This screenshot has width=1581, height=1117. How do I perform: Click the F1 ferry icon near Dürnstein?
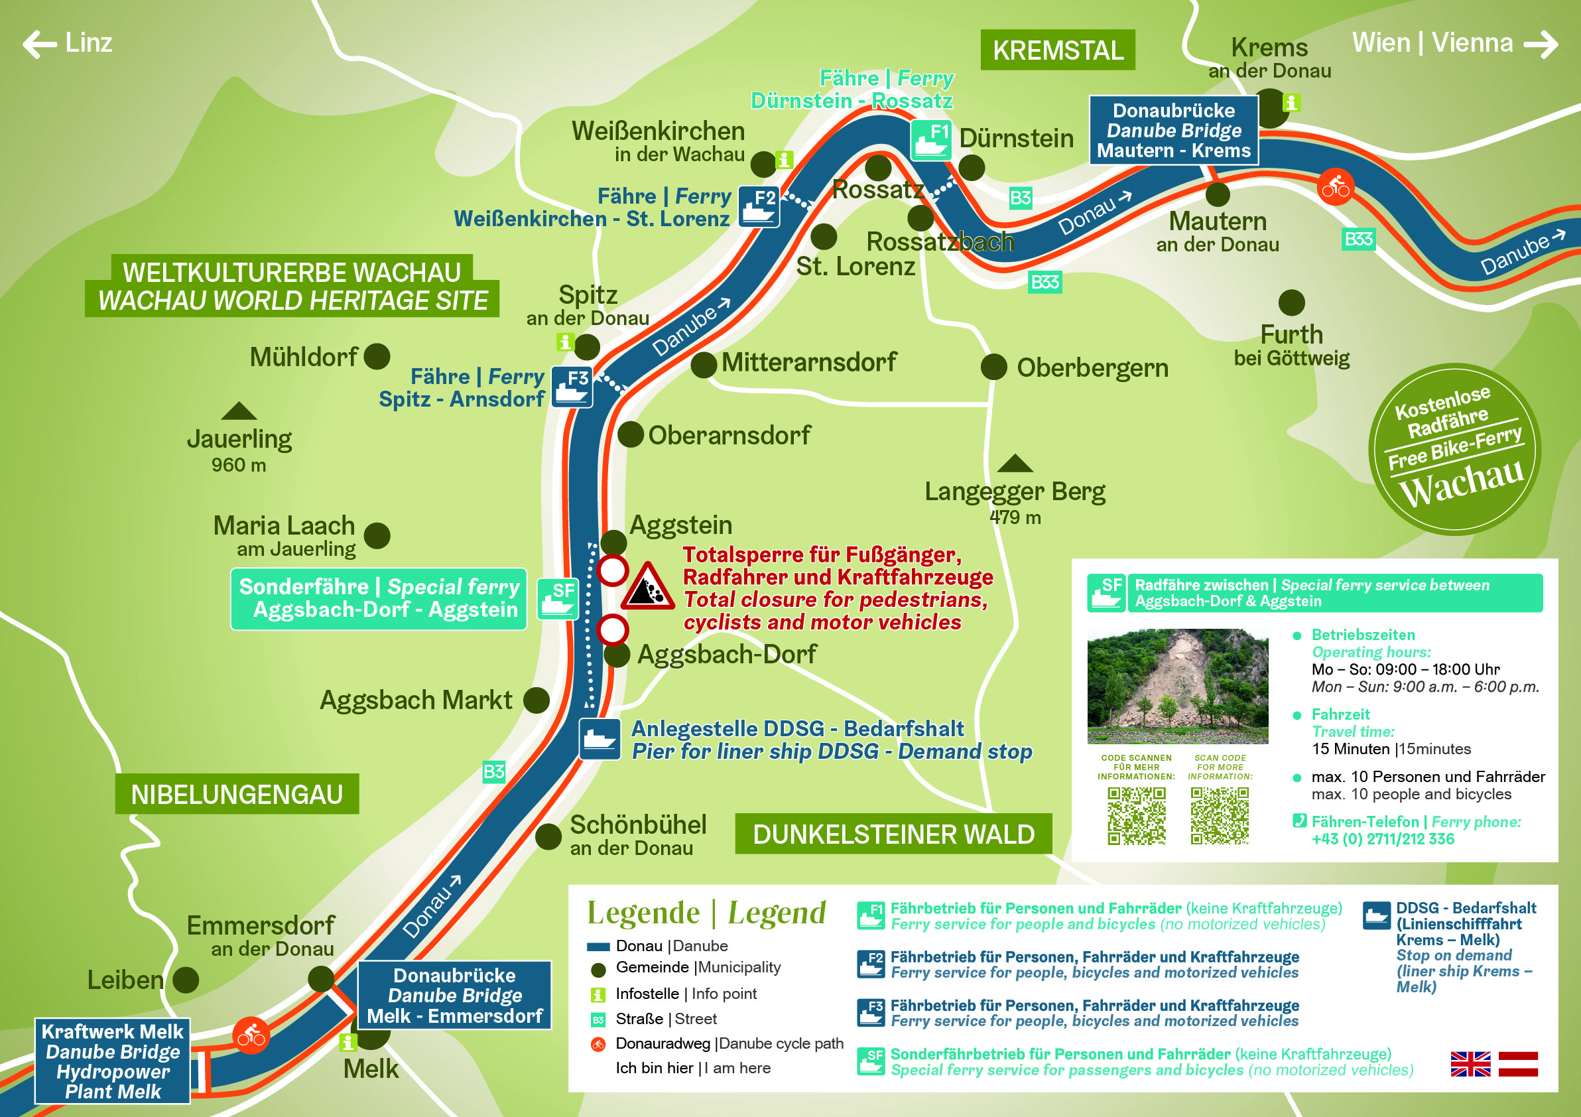point(931,140)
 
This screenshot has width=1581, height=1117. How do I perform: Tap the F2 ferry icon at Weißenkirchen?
point(759,206)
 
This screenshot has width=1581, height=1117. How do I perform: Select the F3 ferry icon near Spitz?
point(572,387)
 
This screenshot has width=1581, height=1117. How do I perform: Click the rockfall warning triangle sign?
point(647,588)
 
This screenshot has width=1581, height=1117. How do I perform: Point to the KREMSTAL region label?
point(1058,50)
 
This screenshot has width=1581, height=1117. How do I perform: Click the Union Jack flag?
point(1470,1064)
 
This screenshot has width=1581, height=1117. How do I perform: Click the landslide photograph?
point(1177,686)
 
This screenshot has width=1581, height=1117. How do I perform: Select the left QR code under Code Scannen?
point(1136,816)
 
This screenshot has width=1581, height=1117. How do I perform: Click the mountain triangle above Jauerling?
point(239,412)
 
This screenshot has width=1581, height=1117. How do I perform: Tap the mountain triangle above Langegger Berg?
point(1015,464)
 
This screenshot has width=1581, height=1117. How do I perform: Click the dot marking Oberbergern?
point(993,367)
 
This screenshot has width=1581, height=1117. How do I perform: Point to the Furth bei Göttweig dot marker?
point(1291,303)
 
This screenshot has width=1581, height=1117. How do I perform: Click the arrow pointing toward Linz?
point(40,44)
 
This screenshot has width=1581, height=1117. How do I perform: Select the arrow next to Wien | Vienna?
point(1541,44)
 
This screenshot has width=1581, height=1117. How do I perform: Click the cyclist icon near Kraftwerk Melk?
point(251,1035)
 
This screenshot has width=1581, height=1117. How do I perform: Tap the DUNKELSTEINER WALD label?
point(893,834)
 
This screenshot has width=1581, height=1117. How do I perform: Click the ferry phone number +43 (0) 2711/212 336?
point(1382,839)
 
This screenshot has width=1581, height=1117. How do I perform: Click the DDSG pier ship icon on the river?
point(599,739)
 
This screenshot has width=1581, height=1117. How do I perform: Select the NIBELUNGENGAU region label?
point(237,794)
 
